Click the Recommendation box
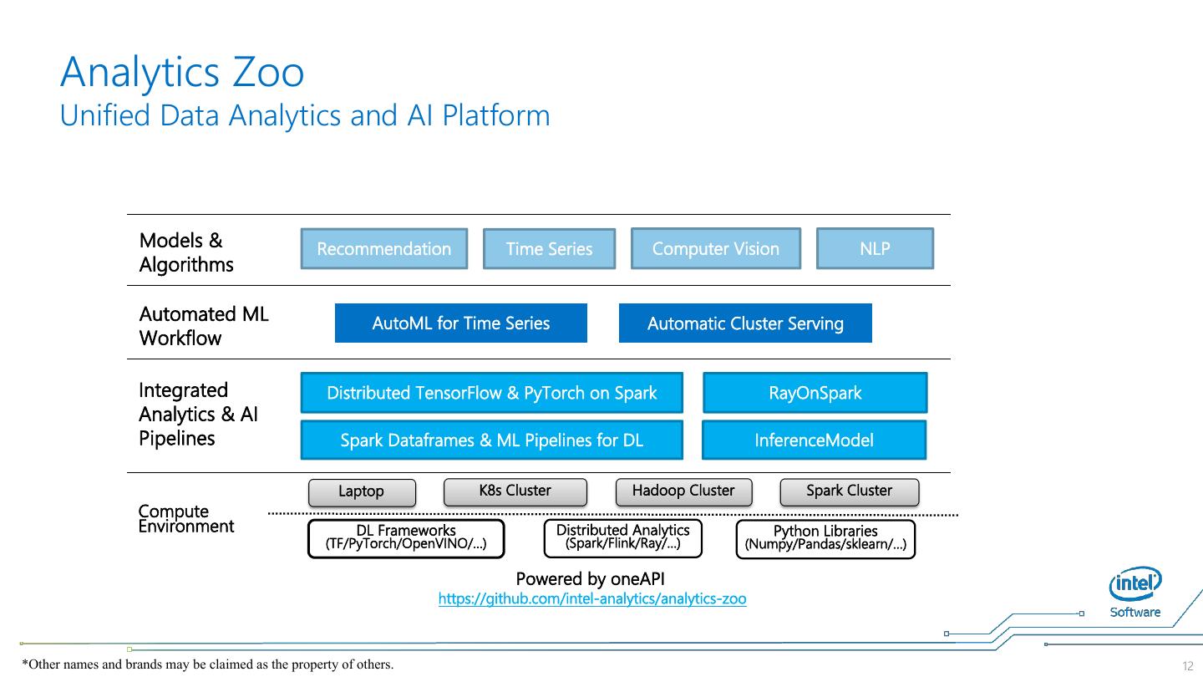pyautogui.click(x=383, y=249)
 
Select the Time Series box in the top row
pyautogui.click(x=549, y=249)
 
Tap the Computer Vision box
pyautogui.click(x=715, y=248)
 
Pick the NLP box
pyautogui.click(x=875, y=248)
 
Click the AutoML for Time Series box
pyautogui.click(x=460, y=323)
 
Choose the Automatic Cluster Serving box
pyautogui.click(x=745, y=323)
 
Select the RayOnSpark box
pyautogui.click(x=815, y=393)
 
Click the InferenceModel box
pyautogui.click(x=814, y=440)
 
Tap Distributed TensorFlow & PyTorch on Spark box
pyautogui.click(x=491, y=393)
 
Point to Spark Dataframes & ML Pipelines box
pyautogui.click(x=491, y=440)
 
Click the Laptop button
pyautogui.click(x=361, y=492)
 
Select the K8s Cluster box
pyautogui.click(x=515, y=491)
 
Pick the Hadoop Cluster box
pyautogui.click(x=683, y=491)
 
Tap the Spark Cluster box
pyautogui.click(x=849, y=491)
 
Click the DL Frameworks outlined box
pyautogui.click(x=406, y=538)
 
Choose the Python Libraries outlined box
pyautogui.click(x=825, y=538)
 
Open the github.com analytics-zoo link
pyautogui.click(x=592, y=599)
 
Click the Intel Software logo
pyautogui.click(x=1135, y=593)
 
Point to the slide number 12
pyautogui.click(x=1188, y=666)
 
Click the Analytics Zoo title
pyautogui.click(x=182, y=72)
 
